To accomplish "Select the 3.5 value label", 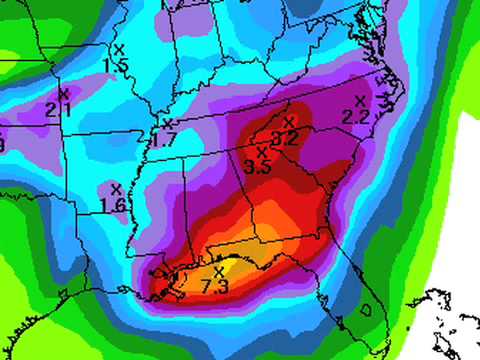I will (258, 167).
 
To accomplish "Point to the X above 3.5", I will (262, 152).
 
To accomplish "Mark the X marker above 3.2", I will (289, 122).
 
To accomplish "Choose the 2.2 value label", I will (356, 116).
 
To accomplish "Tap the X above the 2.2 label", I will (360, 101).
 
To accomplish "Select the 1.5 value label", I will (116, 65).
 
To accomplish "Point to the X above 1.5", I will (118, 49).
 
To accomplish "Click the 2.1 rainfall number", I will (57, 109).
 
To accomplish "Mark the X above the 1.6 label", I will (116, 188).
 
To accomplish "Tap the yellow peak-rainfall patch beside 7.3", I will (238, 267).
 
